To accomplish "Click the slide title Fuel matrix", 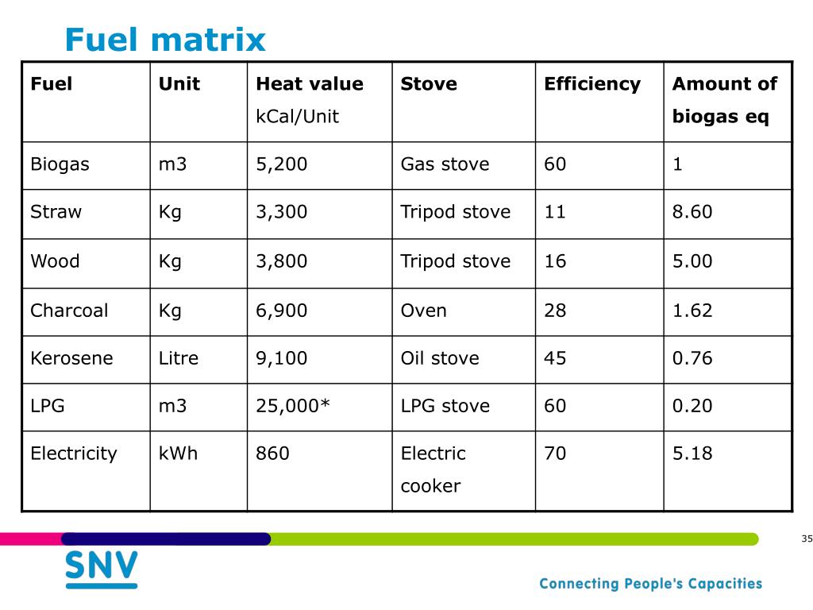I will [165, 39].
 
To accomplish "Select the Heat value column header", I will [309, 84].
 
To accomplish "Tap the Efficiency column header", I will [591, 84].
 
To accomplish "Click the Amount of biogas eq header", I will [724, 100].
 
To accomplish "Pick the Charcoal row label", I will [69, 311].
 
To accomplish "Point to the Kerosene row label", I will [71, 358].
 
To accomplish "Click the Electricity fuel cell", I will [73, 454].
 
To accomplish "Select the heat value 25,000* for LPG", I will [292, 406].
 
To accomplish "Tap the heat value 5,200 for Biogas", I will [281, 164].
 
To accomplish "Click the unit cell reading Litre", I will [179, 358].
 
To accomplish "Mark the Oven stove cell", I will [423, 311].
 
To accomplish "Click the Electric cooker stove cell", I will [433, 469].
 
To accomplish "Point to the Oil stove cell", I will [440, 358].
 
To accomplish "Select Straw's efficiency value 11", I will [555, 212].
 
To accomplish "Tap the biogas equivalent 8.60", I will [692, 212].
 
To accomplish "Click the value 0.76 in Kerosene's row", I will [692, 358].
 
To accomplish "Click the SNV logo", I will [101, 569].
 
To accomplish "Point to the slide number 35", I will [807, 539].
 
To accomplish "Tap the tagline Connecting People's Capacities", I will [650, 584].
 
